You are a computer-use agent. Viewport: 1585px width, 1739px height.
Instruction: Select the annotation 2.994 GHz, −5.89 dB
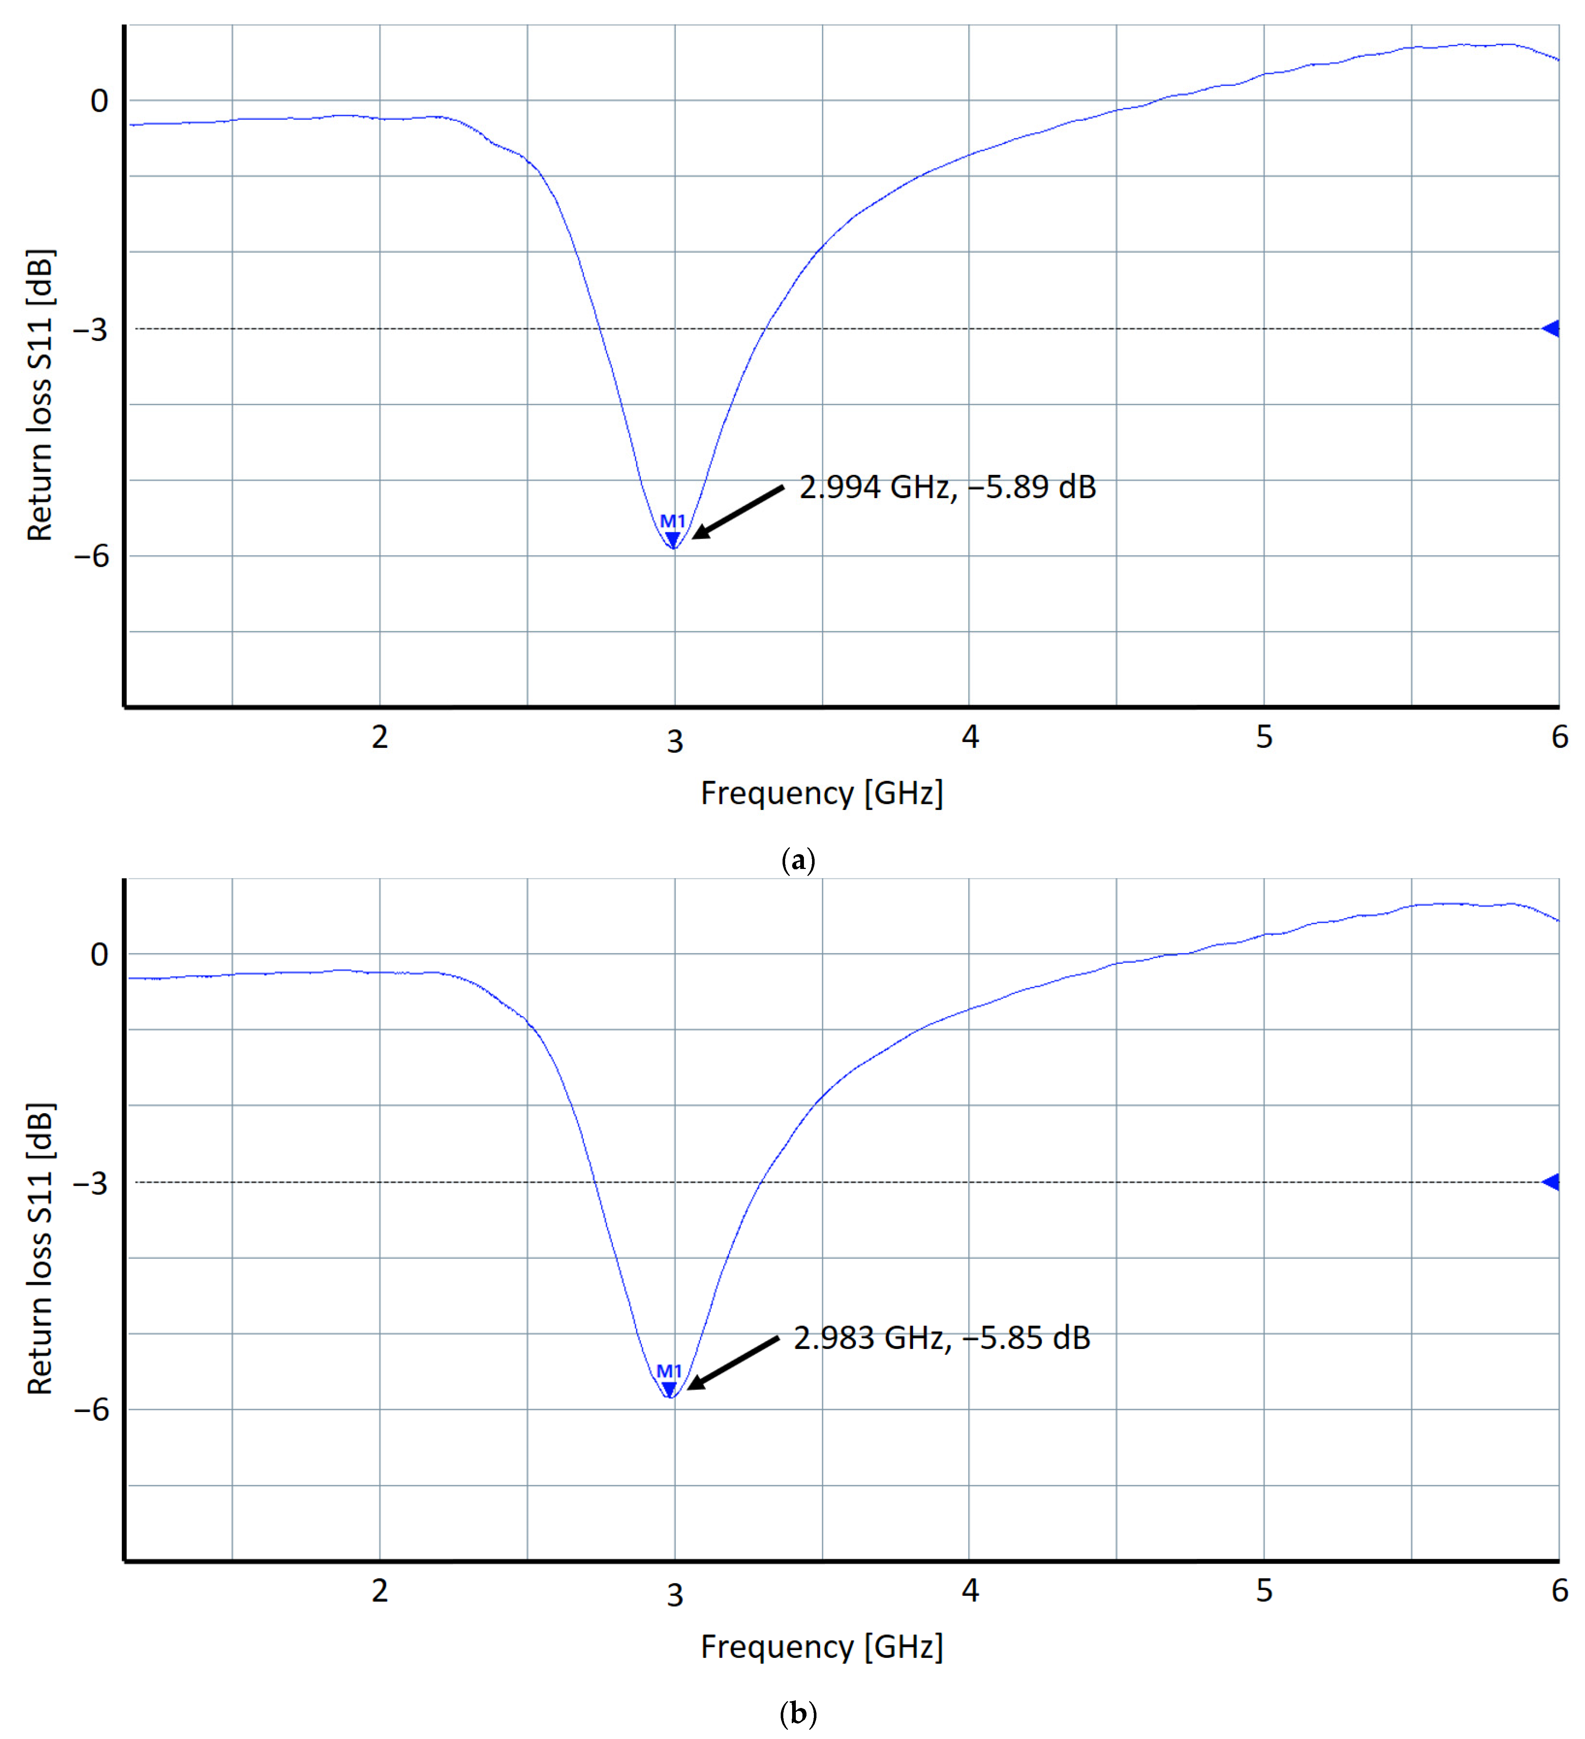(947, 487)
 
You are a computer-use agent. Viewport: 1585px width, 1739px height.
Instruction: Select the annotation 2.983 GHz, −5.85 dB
(942, 1338)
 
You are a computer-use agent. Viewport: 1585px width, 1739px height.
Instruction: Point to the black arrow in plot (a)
(738, 513)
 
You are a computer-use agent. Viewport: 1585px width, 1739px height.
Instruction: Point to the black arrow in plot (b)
(733, 1363)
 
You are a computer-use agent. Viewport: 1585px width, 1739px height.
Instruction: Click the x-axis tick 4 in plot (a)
(970, 736)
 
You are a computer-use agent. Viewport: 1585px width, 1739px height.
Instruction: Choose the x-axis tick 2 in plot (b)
(379, 1590)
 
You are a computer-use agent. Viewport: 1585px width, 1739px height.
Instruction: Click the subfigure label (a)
(797, 860)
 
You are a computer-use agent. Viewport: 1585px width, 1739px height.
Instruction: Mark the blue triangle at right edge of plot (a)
(1551, 329)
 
